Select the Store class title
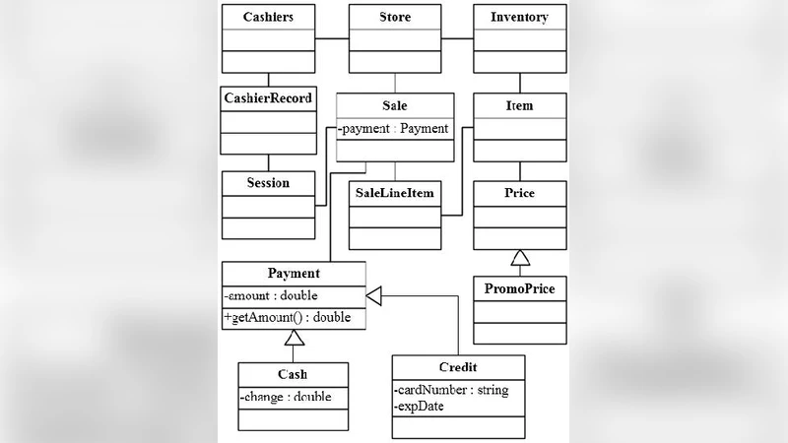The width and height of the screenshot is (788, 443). tap(395, 17)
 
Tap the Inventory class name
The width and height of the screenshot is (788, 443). tap(520, 17)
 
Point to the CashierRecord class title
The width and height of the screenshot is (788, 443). tap(268, 98)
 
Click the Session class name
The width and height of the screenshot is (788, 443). tap(268, 182)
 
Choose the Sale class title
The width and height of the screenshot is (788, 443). tap(395, 105)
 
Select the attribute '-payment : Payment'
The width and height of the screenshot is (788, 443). tap(394, 128)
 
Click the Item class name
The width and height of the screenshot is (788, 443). tap(520, 105)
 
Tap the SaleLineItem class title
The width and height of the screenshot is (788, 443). tap(394, 193)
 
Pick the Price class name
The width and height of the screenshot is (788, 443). tap(520, 193)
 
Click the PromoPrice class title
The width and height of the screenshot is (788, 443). tap(520, 288)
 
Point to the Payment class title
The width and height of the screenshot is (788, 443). tap(294, 273)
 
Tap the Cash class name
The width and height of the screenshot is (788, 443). tap(293, 374)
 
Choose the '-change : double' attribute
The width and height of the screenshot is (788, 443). tap(286, 397)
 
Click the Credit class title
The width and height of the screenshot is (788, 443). tap(457, 367)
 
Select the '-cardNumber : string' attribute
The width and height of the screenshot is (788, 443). tap(451, 390)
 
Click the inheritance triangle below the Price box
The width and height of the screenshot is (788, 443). tap(520, 259)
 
